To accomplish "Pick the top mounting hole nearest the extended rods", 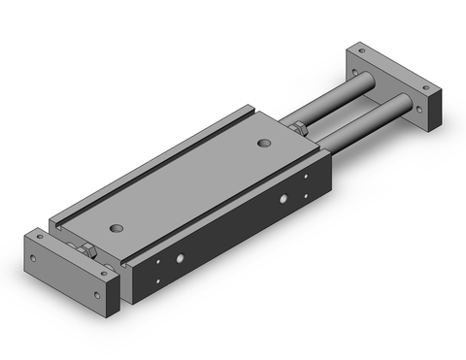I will (x=263, y=144).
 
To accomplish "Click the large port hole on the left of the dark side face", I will (x=180, y=260).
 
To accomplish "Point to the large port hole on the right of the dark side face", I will (x=283, y=200).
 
